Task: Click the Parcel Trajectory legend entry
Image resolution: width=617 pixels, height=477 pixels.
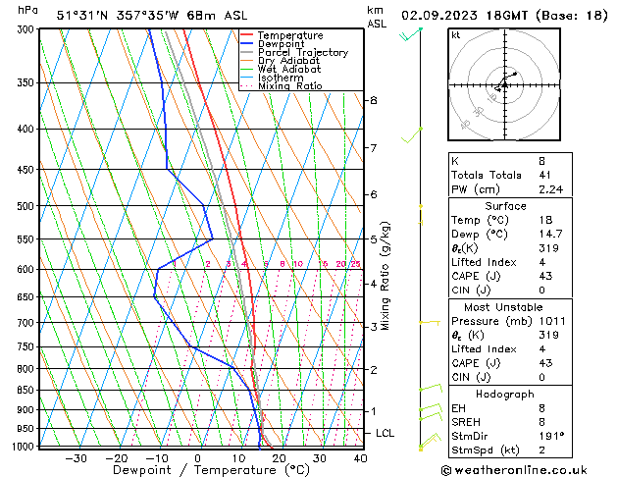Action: pyautogui.click(x=302, y=52)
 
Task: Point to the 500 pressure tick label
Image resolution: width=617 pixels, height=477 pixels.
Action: pyautogui.click(x=25, y=206)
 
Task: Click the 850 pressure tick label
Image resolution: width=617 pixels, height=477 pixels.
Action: pyautogui.click(x=25, y=391)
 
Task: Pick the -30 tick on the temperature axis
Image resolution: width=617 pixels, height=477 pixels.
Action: pyautogui.click(x=76, y=458)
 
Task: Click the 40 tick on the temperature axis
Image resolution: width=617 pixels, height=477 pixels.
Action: pyautogui.click(x=360, y=458)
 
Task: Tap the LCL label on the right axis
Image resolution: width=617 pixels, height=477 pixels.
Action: pyautogui.click(x=386, y=433)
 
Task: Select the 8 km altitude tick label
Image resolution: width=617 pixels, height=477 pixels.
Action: pyautogui.click(x=373, y=100)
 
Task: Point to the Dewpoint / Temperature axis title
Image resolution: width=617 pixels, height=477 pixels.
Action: pyautogui.click(x=199, y=471)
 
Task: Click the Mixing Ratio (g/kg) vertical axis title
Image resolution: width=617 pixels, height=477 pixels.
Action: pyautogui.click(x=386, y=275)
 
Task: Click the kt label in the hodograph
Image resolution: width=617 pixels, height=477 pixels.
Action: pyautogui.click(x=456, y=35)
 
